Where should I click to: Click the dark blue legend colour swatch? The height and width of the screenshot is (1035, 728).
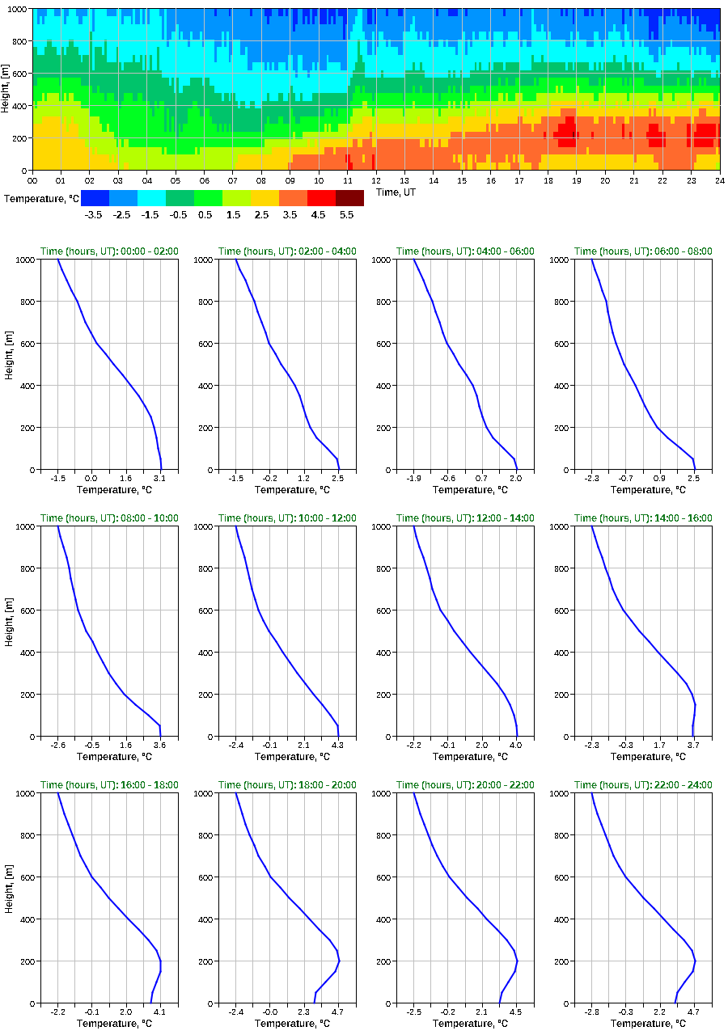[x=95, y=198]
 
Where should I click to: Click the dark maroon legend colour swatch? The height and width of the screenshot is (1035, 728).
[x=349, y=198]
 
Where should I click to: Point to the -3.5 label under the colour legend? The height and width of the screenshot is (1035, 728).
[x=94, y=215]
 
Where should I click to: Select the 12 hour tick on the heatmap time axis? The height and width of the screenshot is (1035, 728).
[x=376, y=180]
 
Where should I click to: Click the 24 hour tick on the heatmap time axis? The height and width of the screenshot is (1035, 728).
[x=719, y=180]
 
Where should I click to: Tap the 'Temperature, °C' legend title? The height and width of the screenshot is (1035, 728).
[x=41, y=198]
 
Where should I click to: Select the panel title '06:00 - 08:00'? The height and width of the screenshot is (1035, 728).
[x=643, y=251]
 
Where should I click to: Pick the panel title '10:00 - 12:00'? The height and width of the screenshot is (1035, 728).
[x=287, y=518]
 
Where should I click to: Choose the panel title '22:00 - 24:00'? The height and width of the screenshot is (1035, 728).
[x=643, y=785]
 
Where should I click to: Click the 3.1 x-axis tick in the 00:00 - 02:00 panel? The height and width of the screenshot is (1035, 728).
[x=160, y=479]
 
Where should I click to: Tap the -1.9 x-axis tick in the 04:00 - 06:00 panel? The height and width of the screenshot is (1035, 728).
[x=414, y=479]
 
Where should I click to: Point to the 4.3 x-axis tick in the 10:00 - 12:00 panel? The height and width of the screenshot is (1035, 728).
[x=337, y=746]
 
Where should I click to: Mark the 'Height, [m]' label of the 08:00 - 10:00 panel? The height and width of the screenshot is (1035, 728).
[x=9, y=632]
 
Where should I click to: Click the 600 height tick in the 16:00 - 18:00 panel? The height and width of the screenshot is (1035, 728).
[x=24, y=877]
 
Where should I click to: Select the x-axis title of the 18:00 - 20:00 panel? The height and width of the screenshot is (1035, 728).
[x=287, y=1024]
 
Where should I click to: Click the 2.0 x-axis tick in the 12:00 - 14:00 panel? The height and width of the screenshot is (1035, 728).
[x=482, y=746]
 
